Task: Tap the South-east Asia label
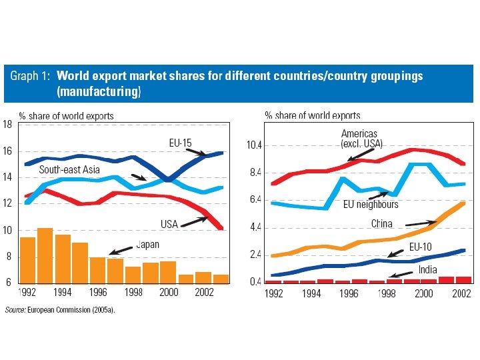70,169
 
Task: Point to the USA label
169,224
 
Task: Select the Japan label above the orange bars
147,245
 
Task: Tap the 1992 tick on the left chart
27,291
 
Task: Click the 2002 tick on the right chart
462,293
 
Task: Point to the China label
382,224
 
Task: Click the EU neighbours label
371,205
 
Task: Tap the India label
428,269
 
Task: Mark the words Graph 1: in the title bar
29,76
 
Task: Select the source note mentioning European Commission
60,309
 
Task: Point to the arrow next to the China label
420,221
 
